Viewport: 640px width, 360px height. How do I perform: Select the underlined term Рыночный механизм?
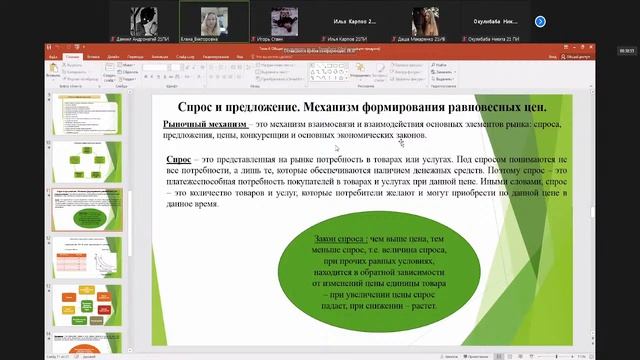(205, 123)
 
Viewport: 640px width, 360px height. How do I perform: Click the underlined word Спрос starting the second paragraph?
(179, 159)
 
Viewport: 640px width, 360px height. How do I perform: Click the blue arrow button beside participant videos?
(540, 20)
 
